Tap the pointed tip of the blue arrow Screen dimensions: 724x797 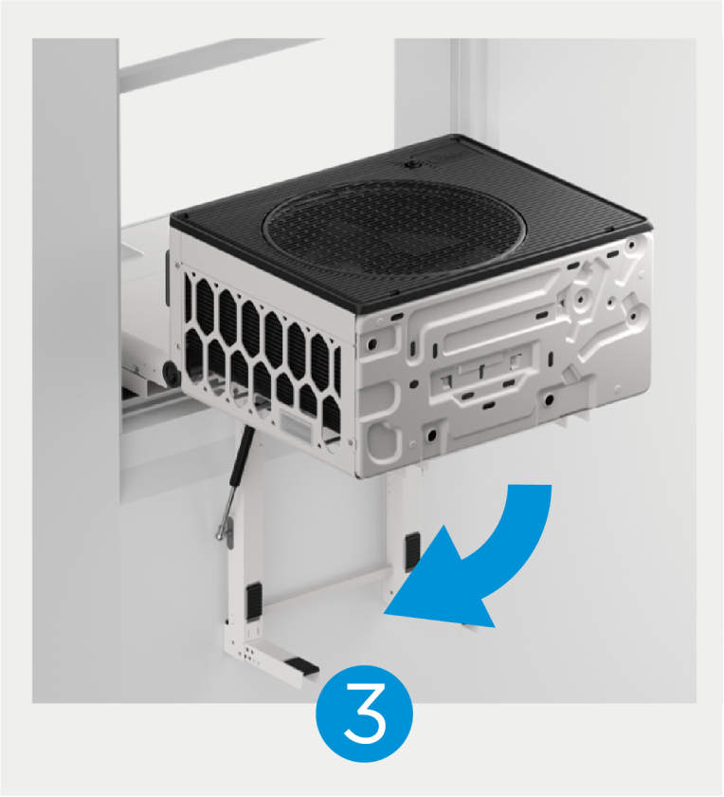pos(385,614)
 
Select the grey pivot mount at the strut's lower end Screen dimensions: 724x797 pos(227,533)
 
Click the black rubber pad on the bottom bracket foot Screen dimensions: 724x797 pos(301,664)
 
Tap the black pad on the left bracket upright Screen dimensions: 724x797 pos(253,602)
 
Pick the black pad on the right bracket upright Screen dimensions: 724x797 pos(412,550)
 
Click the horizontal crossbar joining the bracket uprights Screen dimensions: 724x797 pos(326,586)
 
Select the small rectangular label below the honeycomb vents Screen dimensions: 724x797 pos(295,423)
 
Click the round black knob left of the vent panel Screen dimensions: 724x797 pos(171,374)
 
